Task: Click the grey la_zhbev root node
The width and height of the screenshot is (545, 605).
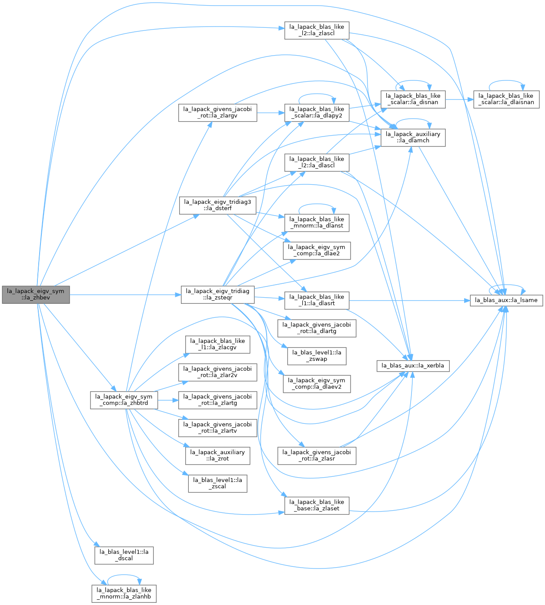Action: click(x=36, y=295)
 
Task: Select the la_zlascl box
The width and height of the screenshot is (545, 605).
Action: click(x=317, y=30)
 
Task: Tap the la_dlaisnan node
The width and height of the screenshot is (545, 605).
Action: click(x=506, y=100)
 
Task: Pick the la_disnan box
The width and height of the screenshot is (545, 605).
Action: click(x=413, y=100)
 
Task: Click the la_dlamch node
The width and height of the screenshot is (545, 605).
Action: click(x=413, y=138)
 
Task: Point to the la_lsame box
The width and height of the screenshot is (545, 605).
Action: click(x=506, y=300)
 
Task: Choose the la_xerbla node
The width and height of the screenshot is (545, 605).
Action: click(x=413, y=366)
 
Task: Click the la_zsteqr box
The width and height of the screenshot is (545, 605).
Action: click(x=217, y=295)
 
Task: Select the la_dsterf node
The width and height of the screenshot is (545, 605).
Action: click(x=217, y=206)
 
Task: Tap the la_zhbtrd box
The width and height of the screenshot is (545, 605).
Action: click(x=124, y=400)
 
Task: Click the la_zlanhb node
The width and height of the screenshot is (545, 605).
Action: click(x=124, y=594)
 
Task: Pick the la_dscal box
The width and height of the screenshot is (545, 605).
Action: click(x=124, y=555)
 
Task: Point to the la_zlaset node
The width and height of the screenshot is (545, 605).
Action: click(x=317, y=506)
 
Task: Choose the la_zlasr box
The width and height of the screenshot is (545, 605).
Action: click(x=317, y=456)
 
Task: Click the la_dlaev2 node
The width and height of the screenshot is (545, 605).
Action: click(x=317, y=384)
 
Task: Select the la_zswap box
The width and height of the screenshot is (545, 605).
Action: click(x=317, y=356)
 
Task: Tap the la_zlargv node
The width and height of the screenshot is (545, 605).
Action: click(x=217, y=113)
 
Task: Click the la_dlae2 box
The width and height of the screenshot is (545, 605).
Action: click(x=317, y=251)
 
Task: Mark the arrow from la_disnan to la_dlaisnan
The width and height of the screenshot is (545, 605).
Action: click(x=459, y=100)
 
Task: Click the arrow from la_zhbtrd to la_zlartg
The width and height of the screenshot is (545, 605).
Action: click(x=168, y=400)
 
